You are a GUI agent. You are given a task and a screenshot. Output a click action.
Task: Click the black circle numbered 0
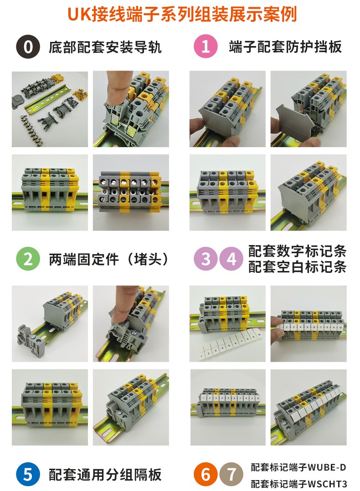[28, 46]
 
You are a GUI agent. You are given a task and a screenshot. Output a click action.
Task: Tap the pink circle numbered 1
[206, 46]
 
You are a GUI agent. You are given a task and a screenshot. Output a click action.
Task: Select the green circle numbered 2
[28, 259]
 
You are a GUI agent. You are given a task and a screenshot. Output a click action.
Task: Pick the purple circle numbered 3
[206, 259]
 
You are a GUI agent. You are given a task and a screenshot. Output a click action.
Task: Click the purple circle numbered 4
[231, 259]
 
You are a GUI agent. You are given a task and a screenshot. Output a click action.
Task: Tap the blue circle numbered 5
[28, 474]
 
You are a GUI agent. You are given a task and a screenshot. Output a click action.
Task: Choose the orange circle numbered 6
[206, 474]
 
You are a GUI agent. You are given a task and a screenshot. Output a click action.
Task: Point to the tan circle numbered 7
[231, 474]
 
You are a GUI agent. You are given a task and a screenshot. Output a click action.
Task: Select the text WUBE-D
[327, 467]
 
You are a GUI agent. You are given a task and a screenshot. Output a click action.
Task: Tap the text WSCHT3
[327, 484]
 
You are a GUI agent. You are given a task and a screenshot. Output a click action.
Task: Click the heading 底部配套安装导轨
[105, 47]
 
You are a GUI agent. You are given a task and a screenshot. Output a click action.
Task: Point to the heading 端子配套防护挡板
[285, 46]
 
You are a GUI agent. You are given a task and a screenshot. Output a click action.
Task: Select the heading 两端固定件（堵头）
[108, 259]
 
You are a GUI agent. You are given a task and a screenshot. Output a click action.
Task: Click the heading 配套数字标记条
[297, 251]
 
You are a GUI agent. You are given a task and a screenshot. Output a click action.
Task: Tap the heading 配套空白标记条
[297, 267]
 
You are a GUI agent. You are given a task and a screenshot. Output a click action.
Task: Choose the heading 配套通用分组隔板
[105, 475]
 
